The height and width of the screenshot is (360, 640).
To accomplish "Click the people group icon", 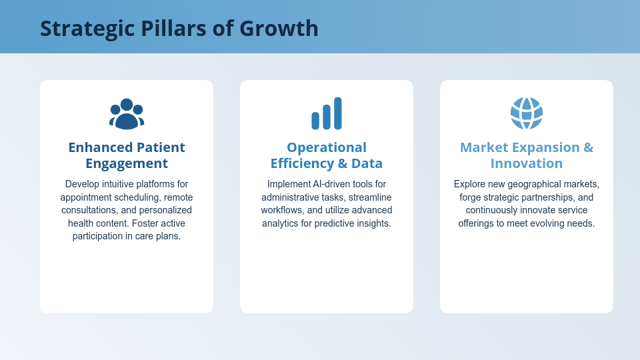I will pos(127,113).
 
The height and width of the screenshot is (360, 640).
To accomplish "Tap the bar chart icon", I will pos(327,113).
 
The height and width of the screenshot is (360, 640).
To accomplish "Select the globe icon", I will pos(527,113).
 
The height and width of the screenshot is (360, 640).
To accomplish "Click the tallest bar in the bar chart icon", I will pos(338,113).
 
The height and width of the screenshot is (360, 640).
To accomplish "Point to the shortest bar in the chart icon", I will pos(315,121).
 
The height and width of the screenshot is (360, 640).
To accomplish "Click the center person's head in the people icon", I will pos(127,105).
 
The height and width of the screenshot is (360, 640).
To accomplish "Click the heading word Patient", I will pos(161,147).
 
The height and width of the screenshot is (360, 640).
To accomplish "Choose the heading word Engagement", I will pos(127,163).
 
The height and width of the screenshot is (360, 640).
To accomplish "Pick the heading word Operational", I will pos(327,147).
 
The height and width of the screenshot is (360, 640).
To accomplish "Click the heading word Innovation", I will pos(527,163).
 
